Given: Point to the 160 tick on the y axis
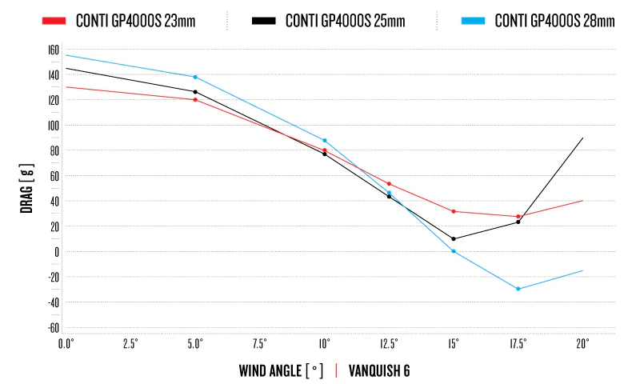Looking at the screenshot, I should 54,50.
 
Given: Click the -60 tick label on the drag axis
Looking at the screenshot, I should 53,327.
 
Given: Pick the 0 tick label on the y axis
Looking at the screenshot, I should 56,251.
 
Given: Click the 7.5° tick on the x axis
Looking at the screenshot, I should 260,343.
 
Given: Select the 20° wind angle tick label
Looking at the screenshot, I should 582,343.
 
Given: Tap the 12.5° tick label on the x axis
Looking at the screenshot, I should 389,343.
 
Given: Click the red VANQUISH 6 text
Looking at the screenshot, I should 379,370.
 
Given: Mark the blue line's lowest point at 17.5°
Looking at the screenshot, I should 518,289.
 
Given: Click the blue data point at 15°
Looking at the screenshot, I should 454,251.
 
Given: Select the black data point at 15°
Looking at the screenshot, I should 454,238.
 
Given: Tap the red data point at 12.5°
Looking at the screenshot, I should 389,184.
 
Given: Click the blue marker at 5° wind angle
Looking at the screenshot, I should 195,77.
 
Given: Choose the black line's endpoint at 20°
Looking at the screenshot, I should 582,138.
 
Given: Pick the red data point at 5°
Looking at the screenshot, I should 195,99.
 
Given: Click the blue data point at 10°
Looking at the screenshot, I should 324,140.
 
